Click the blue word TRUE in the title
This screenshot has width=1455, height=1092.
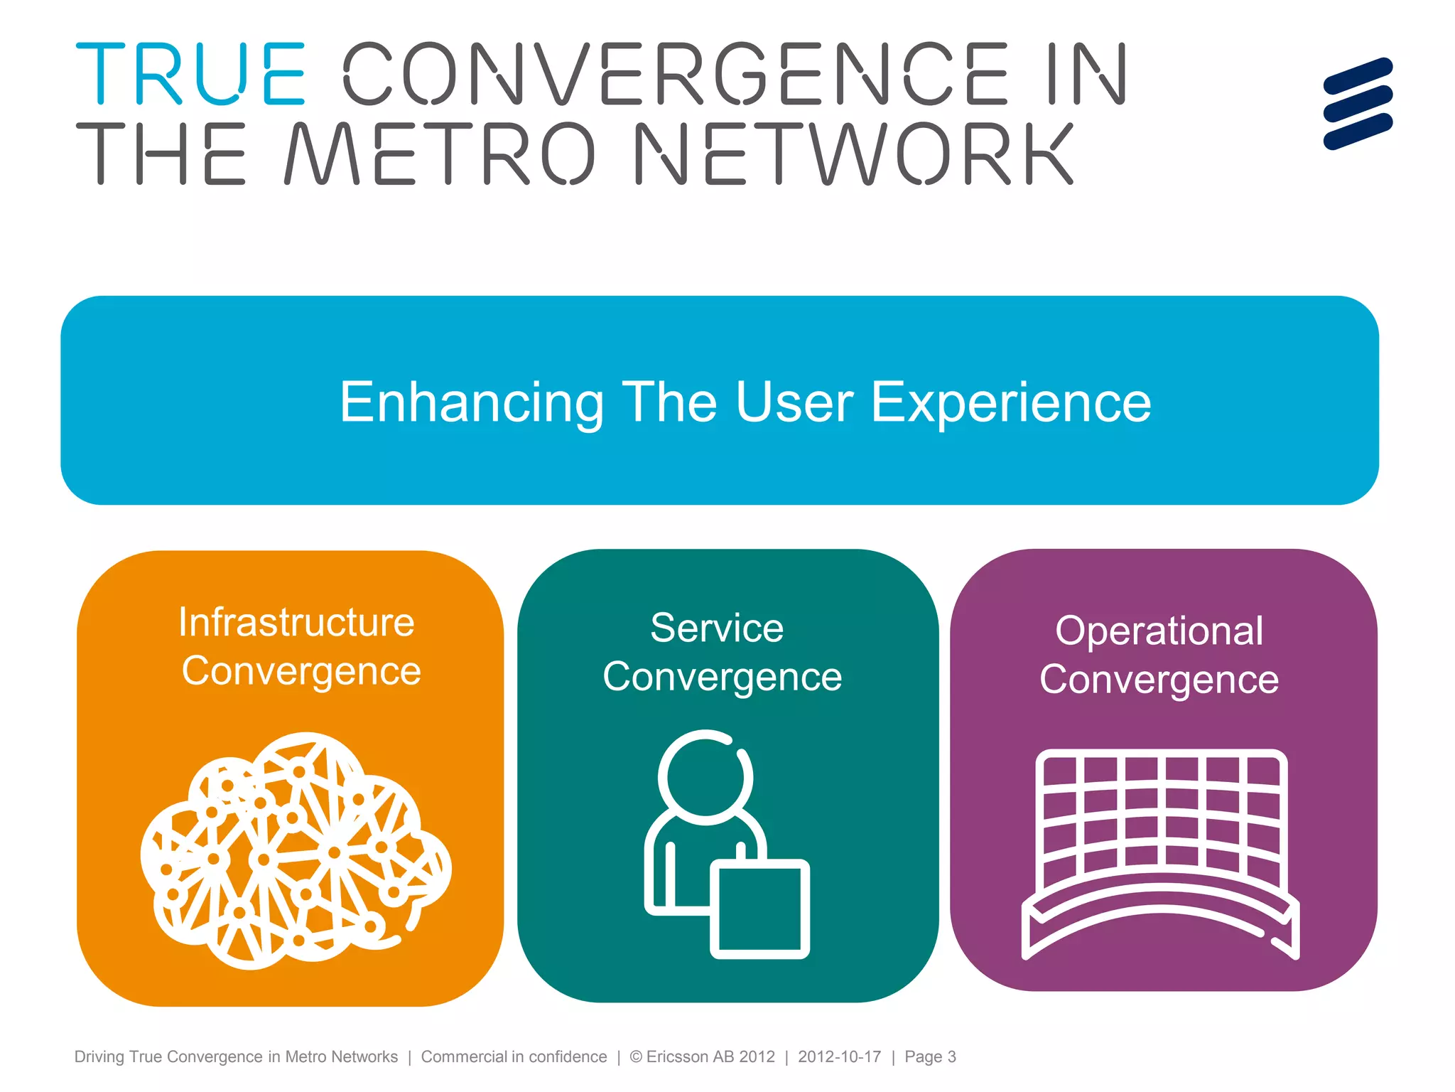(190, 74)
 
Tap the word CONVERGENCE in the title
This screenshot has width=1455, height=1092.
(676, 74)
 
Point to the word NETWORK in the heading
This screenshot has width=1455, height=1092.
(853, 154)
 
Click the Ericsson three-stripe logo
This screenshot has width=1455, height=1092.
(1358, 104)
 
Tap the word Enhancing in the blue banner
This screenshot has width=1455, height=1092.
(471, 402)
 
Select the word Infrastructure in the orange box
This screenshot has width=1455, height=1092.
(296, 623)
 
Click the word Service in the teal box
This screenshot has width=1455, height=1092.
(717, 628)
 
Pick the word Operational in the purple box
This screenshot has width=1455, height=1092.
(1159, 631)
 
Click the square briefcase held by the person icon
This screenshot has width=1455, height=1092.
(760, 909)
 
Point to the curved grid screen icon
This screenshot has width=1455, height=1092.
(1161, 853)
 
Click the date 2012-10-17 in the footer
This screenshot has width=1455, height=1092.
(839, 1057)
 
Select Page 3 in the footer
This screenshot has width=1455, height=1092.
(930, 1057)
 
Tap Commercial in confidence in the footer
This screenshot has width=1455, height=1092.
(514, 1057)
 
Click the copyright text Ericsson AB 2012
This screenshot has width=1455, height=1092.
(703, 1057)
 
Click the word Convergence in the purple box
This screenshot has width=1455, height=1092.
(1159, 680)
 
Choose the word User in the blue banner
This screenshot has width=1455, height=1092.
(794, 402)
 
